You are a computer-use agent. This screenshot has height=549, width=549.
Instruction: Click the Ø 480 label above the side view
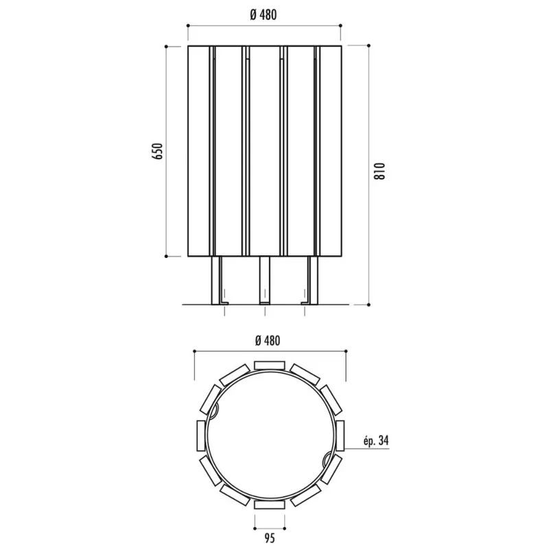coord(264,14)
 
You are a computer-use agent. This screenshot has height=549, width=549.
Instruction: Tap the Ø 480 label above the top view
coord(268,340)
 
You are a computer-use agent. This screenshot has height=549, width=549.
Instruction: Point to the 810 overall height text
coord(379,171)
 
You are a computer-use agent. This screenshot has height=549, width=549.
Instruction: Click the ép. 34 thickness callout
coord(376,441)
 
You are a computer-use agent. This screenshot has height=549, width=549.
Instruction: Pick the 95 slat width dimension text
coord(270,537)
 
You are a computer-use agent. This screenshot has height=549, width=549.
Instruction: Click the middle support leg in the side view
coord(265,281)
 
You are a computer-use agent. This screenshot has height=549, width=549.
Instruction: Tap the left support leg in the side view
coord(217,281)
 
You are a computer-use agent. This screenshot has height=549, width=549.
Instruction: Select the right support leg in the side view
coord(312,281)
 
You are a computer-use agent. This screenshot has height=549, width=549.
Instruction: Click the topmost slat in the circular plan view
coord(269,366)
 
